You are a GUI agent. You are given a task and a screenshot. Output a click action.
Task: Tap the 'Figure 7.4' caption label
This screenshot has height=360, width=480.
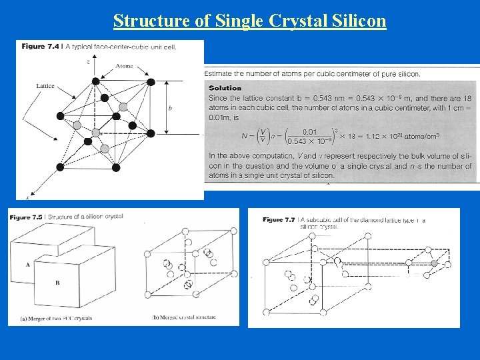39,46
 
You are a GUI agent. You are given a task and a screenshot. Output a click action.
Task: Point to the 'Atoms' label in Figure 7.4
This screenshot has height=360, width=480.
124,66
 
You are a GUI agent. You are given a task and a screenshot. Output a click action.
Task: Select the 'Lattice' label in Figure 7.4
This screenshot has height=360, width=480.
45,86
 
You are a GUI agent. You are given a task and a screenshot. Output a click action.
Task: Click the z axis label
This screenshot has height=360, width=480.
89,61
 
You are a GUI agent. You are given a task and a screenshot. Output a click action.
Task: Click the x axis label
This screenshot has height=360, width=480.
27,197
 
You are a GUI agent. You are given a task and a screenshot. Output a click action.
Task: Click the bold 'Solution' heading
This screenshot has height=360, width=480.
225,88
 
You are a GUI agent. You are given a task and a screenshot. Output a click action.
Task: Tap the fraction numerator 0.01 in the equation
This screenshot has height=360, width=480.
309,131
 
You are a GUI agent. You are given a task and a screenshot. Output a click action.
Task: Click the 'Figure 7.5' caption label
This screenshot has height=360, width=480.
27,217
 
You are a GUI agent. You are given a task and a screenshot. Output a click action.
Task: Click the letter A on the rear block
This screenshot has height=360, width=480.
27,265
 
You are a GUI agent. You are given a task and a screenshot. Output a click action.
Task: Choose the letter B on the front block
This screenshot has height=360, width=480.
57,283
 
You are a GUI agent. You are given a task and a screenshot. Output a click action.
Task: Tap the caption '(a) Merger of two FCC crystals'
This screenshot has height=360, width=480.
57,318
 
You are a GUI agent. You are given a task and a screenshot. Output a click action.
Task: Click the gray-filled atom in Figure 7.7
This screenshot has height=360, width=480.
435,263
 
